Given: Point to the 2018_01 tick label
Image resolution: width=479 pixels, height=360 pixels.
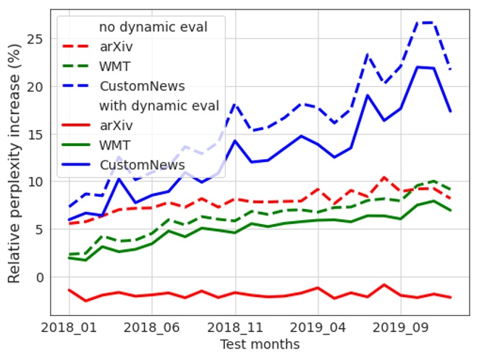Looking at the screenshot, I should point(69,327).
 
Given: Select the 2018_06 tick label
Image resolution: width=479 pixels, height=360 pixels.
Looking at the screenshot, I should point(151,327).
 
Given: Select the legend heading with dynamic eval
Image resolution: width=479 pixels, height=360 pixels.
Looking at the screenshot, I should point(159,106).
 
